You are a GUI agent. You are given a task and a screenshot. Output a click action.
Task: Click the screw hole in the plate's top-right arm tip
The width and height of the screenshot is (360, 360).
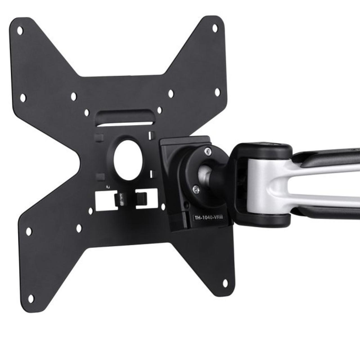pyautogui.click(x=215, y=28)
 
